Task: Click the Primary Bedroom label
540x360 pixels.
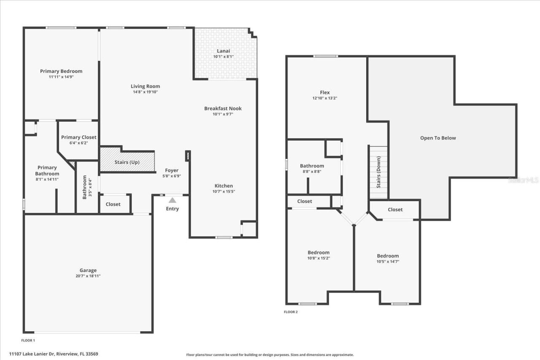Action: (61, 71)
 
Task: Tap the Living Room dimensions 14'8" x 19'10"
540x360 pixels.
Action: (145, 92)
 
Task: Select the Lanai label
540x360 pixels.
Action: (223, 51)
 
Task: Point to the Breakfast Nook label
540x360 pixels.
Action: (223, 108)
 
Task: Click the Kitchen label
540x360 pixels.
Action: (223, 186)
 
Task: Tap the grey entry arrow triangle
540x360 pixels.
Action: (173, 200)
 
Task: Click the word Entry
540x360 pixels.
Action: (173, 209)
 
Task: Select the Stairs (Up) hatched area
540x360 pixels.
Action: (127, 162)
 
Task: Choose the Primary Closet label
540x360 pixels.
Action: (78, 137)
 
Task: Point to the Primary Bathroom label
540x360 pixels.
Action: (47, 171)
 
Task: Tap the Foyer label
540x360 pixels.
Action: (172, 171)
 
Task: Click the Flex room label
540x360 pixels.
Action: (324, 93)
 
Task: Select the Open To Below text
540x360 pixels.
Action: (438, 138)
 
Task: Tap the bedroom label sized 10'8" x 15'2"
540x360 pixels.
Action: (319, 253)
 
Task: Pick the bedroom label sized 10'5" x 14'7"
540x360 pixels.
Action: (388, 256)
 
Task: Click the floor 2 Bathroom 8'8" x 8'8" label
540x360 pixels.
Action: (312, 166)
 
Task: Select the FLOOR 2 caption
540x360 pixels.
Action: (291, 312)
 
